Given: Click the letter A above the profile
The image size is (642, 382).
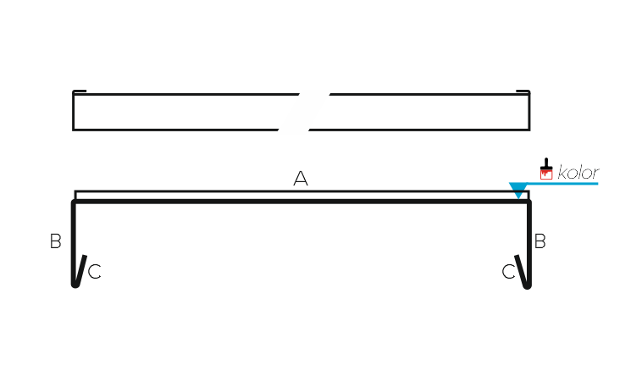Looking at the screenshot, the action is point(301,179).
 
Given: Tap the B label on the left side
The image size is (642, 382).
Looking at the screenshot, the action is point(55,241).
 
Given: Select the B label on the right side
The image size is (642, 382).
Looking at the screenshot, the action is point(540,241).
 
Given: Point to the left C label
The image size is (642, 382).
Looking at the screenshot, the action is point(95,271).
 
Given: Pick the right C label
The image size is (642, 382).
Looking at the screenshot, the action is point(508,271).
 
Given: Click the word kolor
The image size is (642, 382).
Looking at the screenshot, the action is point(578,173).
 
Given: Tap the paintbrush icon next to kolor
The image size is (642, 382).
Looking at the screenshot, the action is point(546,169).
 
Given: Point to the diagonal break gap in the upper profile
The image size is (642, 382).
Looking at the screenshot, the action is point(304,111).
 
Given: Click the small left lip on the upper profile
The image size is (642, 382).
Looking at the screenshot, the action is point(80,91).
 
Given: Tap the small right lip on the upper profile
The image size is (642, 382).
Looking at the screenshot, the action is point(523,91).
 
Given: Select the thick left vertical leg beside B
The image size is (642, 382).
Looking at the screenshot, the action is point(74,241).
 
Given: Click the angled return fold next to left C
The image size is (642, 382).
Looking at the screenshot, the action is point(81,270).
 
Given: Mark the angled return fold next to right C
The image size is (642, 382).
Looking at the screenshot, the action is point(521,271).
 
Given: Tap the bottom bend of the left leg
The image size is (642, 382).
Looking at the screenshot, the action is point(75,285).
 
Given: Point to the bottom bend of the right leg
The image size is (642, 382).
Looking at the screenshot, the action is point(528,286).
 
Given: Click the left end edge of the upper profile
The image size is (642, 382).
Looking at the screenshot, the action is point(74,111).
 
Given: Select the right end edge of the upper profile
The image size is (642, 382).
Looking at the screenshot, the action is point(529,111).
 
